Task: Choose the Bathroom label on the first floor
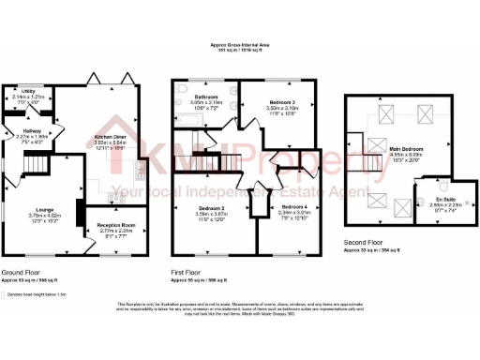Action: [x=206, y=96]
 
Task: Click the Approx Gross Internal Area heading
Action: [x=240, y=44]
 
